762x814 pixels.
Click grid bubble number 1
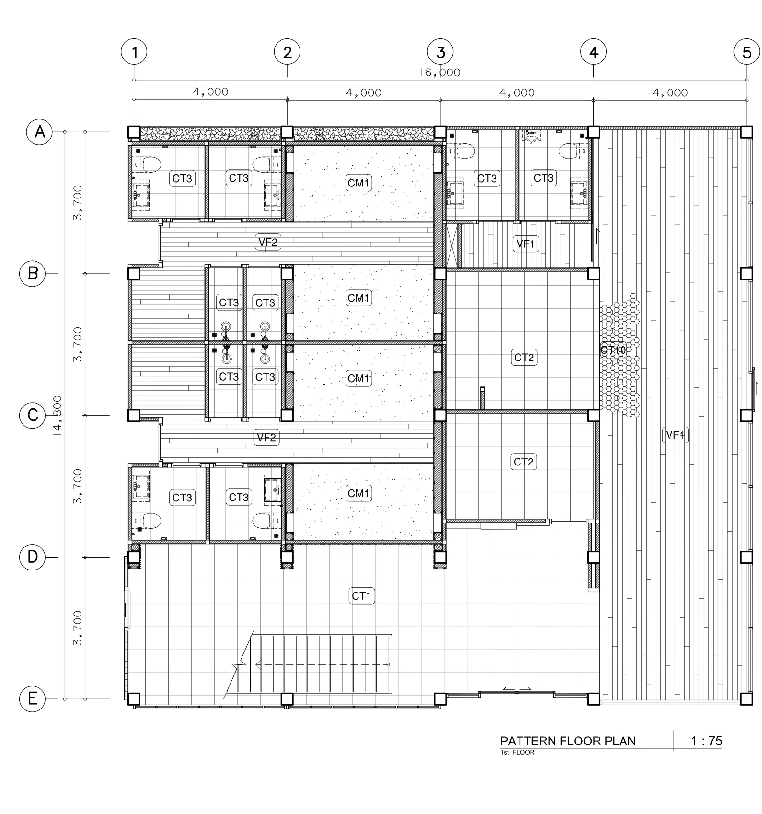click(x=134, y=52)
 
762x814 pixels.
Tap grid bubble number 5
click(x=747, y=52)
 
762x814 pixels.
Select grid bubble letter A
click(x=40, y=131)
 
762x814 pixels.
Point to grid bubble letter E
click(x=32, y=698)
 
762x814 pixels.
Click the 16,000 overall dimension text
click(x=440, y=72)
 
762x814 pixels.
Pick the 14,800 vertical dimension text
click(x=58, y=416)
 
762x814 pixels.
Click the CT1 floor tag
click(x=362, y=596)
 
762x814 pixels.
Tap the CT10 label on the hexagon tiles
click(x=613, y=350)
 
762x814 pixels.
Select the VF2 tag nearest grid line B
click(x=268, y=242)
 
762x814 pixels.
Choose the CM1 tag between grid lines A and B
click(x=358, y=183)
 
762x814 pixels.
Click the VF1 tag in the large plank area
click(x=675, y=435)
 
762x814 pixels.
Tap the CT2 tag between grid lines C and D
click(x=523, y=462)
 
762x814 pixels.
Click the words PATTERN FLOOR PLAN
click(x=568, y=741)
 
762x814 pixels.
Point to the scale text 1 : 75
click(x=706, y=741)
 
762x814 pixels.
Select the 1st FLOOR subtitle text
click(x=517, y=752)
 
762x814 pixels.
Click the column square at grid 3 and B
click(x=440, y=274)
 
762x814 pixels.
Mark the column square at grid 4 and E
click(x=593, y=698)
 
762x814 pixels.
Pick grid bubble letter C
click(x=32, y=415)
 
